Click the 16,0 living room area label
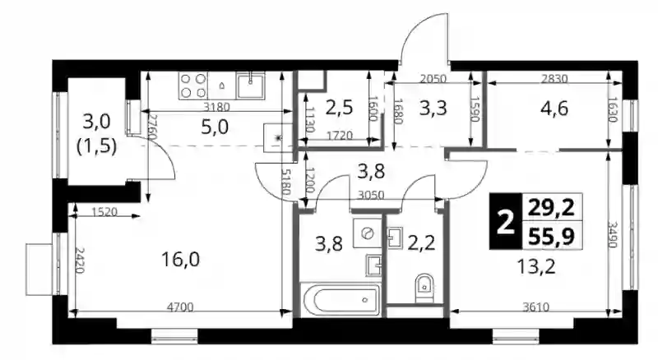(180, 260)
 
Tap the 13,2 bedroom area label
(537, 266)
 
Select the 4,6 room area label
(554, 108)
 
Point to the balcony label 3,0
(96, 122)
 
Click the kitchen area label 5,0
(215, 127)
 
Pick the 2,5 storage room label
(339, 108)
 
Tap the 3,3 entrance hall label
(433, 108)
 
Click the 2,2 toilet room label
(421, 243)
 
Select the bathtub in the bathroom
(341, 299)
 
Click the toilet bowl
(424, 288)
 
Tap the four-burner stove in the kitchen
(193, 85)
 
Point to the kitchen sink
(251, 85)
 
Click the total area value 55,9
(551, 237)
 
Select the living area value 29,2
(551, 208)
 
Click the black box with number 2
(506, 222)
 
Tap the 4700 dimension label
(180, 307)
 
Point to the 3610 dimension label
(536, 307)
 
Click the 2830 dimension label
(554, 78)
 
